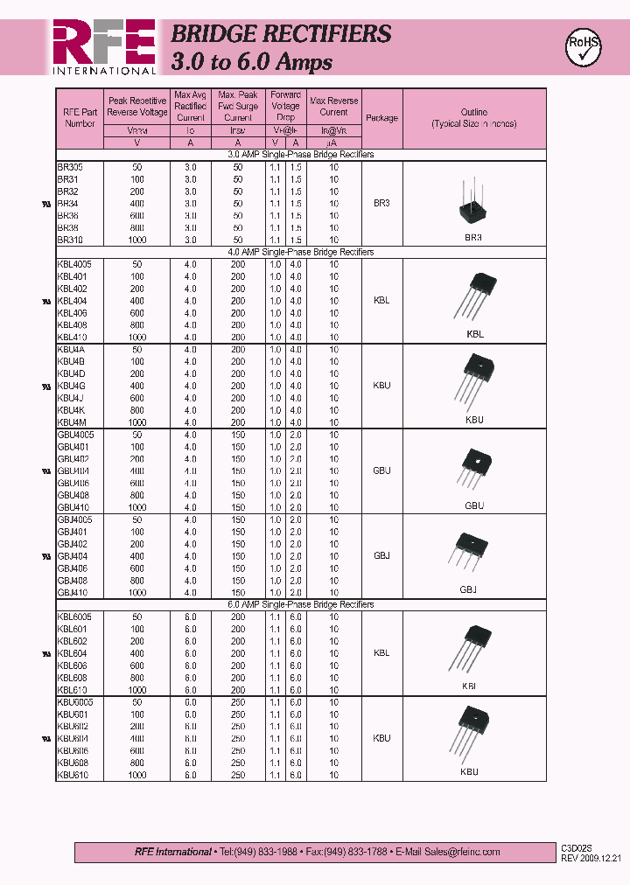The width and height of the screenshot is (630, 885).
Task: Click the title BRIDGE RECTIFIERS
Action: (x=281, y=34)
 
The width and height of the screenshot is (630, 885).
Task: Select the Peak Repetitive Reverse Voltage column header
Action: (x=136, y=107)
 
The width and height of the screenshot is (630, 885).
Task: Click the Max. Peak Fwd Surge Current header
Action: (x=238, y=106)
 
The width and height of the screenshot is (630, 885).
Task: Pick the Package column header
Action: (x=381, y=118)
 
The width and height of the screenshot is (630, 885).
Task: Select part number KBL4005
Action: (x=74, y=264)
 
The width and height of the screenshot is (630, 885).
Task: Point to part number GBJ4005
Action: (x=74, y=519)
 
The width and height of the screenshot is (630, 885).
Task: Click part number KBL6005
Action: (x=74, y=617)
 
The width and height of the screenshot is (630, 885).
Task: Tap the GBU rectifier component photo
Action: (x=474, y=469)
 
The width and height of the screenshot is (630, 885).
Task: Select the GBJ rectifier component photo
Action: (x=471, y=553)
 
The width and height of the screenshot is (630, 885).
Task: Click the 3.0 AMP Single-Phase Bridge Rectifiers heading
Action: (x=300, y=155)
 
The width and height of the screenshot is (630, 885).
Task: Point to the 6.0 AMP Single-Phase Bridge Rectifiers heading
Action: (x=300, y=604)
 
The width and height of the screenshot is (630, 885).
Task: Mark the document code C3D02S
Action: (x=577, y=848)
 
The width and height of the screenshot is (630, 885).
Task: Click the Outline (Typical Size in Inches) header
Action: (x=473, y=118)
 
